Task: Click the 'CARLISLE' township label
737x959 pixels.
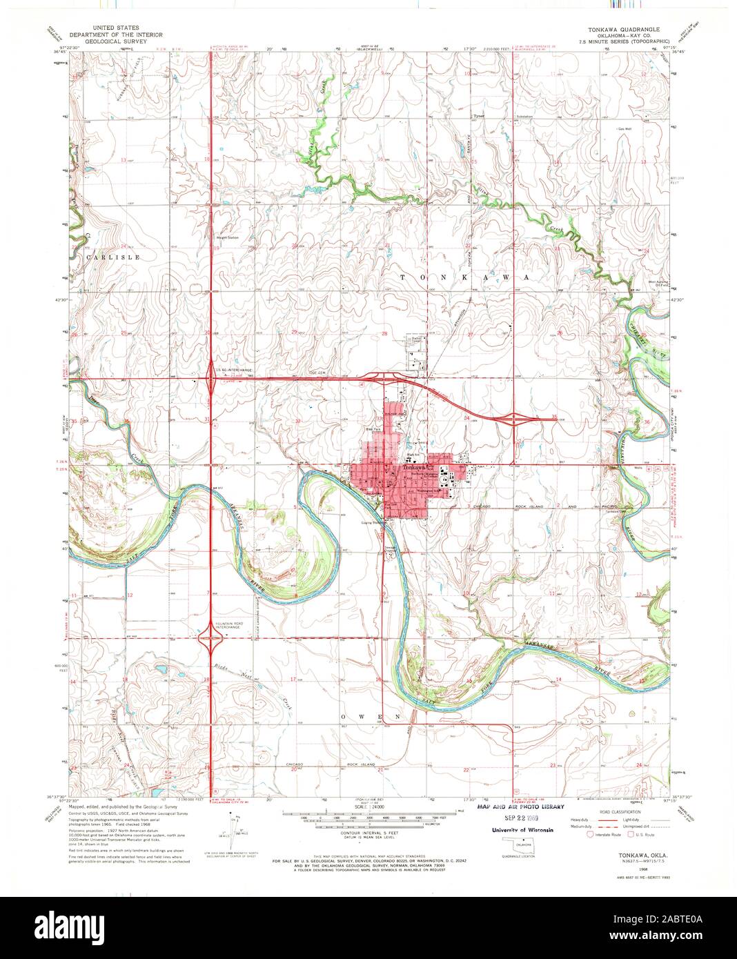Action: (x=113, y=257)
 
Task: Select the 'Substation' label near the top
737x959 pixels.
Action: (x=524, y=117)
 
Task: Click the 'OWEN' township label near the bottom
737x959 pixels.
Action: (x=365, y=717)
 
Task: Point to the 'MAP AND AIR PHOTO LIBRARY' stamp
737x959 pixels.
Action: (x=521, y=807)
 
